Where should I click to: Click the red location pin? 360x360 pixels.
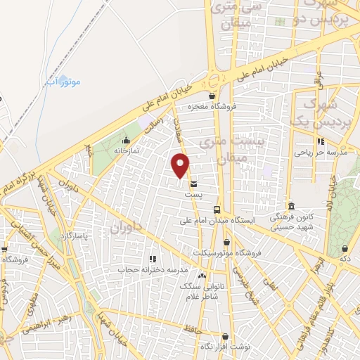tap(181, 165)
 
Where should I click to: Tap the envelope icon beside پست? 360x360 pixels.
tap(193, 185)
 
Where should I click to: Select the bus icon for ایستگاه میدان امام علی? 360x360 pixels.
tap(217, 210)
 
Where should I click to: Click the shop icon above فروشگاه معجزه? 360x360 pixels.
tap(212, 96)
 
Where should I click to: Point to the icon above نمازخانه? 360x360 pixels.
tap(127, 141)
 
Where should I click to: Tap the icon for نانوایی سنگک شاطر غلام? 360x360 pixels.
tap(202, 275)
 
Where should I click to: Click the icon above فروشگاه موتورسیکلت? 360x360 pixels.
tap(226, 243)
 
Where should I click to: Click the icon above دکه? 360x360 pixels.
tap(345, 248)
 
